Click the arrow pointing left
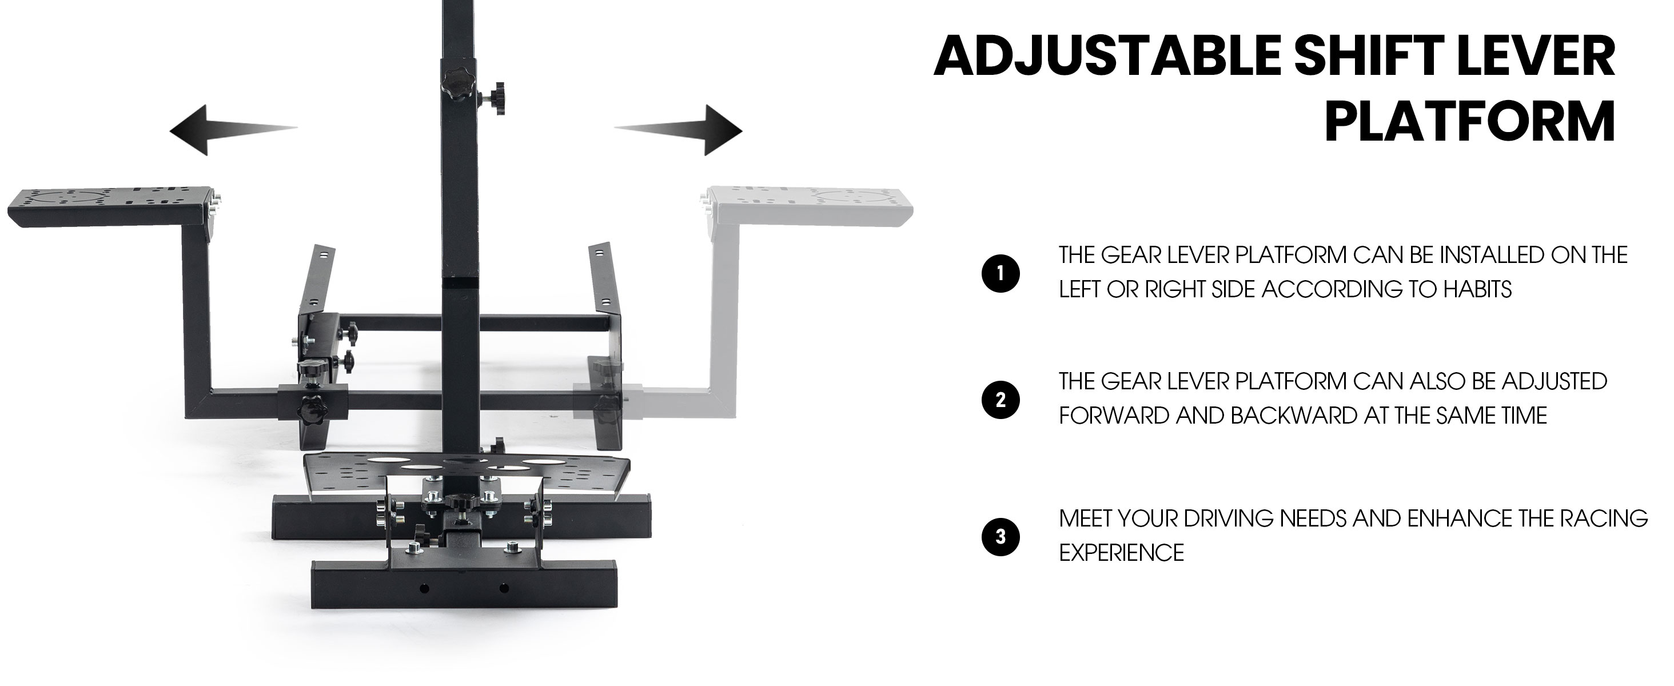pos(233,130)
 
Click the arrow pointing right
pos(679,130)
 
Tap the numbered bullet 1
pos(1001,273)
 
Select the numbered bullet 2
pos(1001,400)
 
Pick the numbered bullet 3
pos(1001,537)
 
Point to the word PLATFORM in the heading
pos(1470,121)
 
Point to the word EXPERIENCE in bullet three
pos(1122,553)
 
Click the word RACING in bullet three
pos(1609,519)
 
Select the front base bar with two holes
pos(465,585)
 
